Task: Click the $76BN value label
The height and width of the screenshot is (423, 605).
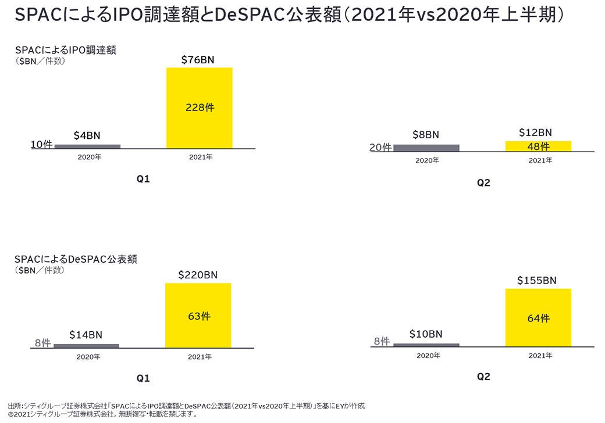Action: pyautogui.click(x=199, y=59)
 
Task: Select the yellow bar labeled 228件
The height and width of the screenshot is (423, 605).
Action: pyautogui.click(x=199, y=107)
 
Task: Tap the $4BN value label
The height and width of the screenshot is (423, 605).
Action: pyautogui.click(x=87, y=135)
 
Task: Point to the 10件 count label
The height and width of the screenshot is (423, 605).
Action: pyautogui.click(x=42, y=145)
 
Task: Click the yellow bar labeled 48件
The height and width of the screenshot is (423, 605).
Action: pyautogui.click(x=538, y=146)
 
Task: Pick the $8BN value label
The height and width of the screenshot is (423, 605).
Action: pyautogui.click(x=425, y=135)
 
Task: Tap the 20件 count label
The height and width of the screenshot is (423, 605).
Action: pyautogui.click(x=380, y=148)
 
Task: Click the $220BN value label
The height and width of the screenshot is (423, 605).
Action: pyautogui.click(x=198, y=275)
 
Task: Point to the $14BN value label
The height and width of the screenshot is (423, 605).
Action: pyautogui.click(x=86, y=335)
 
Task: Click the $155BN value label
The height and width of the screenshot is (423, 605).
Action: pyautogui.click(x=537, y=281)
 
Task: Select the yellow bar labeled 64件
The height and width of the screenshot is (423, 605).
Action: pyautogui.click(x=538, y=318)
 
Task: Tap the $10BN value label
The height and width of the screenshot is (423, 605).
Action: pyautogui.click(x=425, y=334)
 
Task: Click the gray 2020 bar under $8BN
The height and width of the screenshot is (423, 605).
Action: pyautogui.click(x=426, y=148)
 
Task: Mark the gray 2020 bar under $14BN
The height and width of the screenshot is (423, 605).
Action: pyautogui.click(x=86, y=345)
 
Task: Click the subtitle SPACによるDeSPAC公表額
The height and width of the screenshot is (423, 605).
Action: pyautogui.click(x=76, y=259)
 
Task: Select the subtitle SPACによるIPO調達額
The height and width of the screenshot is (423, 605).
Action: pyautogui.click(x=65, y=50)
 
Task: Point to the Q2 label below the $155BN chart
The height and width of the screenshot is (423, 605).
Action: pyautogui.click(x=483, y=377)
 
